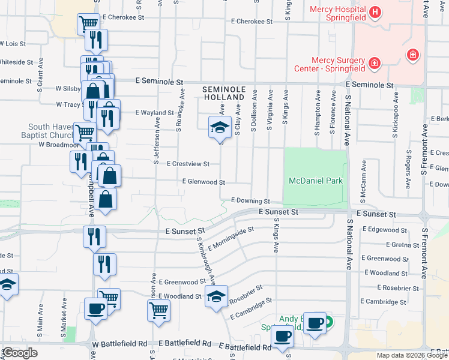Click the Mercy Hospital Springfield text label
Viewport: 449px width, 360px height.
coord(337,14)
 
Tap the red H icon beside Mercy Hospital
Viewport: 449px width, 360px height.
coord(375,11)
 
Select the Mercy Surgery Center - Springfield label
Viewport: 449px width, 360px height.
coord(339,64)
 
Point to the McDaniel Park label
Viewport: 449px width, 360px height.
coord(315,181)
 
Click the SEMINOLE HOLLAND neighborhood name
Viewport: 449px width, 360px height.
coord(224,92)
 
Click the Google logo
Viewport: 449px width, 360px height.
coord(20,353)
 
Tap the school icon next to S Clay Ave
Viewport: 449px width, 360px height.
coord(219,128)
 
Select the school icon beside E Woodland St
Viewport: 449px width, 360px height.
coord(216,297)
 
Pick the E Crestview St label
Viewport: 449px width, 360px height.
coord(188,164)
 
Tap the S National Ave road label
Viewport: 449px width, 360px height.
coord(348,120)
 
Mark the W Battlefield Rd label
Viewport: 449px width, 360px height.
coord(119,344)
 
